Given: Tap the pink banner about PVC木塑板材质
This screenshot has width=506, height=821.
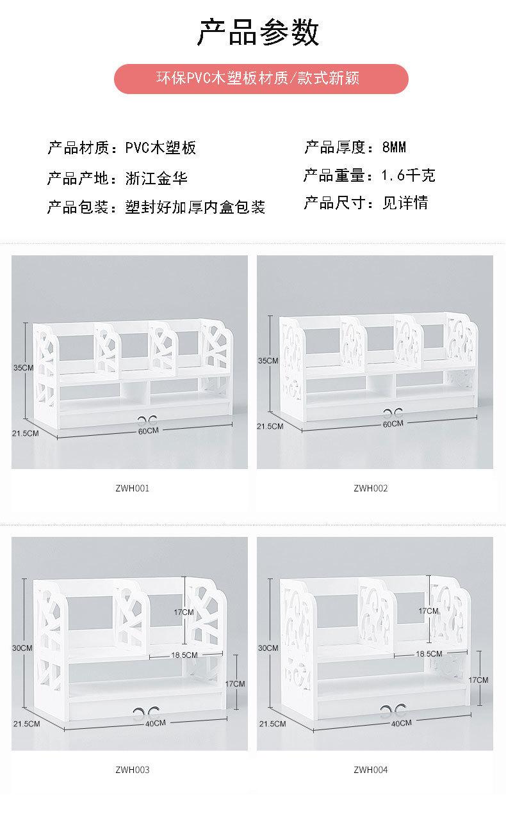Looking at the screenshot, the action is point(261,79).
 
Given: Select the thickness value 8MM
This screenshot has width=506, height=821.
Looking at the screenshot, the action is point(394,148).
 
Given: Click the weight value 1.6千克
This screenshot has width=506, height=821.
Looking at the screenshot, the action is point(408,176).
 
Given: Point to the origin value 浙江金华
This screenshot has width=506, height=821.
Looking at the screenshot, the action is point(157,179).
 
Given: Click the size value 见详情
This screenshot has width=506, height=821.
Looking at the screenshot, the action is point(405,203).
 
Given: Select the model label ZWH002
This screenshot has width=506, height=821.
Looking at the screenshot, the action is point(370,488).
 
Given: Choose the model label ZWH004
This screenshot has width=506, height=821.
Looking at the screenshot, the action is point(370,770).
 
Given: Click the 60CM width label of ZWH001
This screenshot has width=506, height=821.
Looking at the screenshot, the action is point(147,431).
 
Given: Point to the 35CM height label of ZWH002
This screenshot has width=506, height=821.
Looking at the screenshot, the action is point(268,361).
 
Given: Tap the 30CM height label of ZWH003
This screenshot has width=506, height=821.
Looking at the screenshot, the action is point(22,648).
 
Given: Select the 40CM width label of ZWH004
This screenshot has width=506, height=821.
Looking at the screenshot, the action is point(400,723).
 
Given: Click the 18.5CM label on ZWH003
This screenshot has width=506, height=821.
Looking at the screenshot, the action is point(184,655).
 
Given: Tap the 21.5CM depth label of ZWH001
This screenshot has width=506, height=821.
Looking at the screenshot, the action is point(26,433).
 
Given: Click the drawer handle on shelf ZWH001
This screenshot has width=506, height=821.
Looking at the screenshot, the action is point(147,420).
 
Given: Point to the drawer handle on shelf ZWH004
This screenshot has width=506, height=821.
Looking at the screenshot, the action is point(393,708).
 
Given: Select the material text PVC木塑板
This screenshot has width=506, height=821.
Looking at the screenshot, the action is point(160,148).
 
